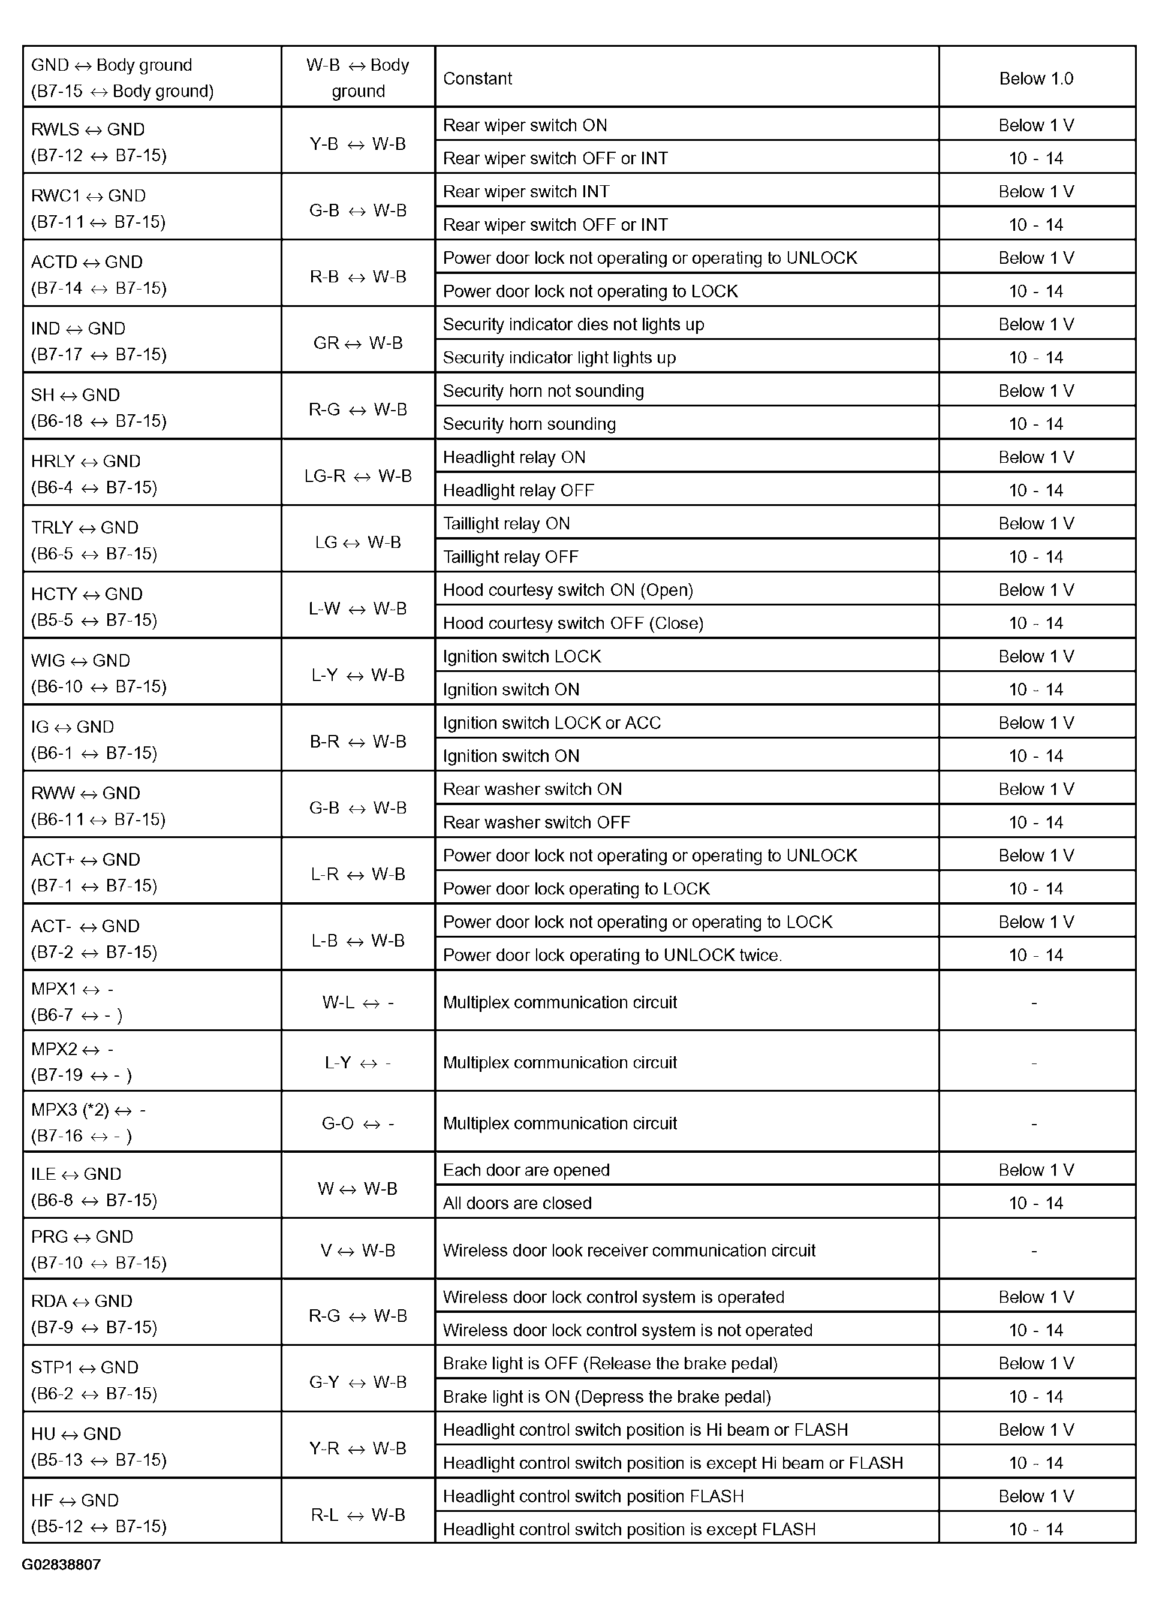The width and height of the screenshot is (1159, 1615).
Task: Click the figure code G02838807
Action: point(61,1565)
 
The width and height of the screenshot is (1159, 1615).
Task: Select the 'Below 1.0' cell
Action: point(1035,79)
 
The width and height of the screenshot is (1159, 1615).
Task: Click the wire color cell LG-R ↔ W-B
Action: point(357,475)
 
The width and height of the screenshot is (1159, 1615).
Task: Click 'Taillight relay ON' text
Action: point(507,523)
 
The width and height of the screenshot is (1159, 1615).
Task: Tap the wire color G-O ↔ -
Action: point(357,1123)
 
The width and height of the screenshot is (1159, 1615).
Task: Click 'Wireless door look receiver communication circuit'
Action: point(629,1251)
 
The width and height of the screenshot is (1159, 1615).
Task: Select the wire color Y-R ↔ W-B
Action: point(357,1448)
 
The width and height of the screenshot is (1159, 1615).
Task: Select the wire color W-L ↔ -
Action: point(357,1002)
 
